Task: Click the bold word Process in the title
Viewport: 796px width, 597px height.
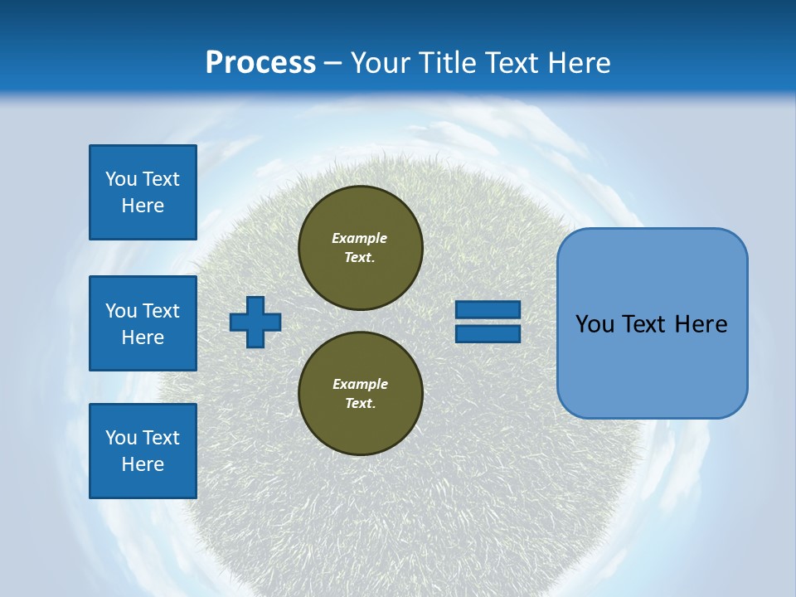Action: (260, 63)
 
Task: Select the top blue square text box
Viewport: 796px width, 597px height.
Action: (143, 192)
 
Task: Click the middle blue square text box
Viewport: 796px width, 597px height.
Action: (143, 323)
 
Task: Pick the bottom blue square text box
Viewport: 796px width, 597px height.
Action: (143, 451)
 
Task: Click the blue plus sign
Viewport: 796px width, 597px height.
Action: (255, 322)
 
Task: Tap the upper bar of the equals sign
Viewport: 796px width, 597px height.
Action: (488, 310)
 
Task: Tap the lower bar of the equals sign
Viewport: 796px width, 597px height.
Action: (488, 333)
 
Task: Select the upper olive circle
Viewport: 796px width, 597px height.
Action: (360, 248)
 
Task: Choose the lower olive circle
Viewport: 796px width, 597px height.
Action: (360, 394)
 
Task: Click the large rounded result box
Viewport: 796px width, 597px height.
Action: (652, 323)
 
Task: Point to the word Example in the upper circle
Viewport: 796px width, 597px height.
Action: (360, 238)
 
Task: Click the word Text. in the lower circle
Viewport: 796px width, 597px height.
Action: (360, 404)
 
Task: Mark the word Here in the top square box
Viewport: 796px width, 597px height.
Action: (143, 206)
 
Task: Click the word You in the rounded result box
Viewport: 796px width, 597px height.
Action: (595, 324)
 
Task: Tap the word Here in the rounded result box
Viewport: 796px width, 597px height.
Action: (701, 324)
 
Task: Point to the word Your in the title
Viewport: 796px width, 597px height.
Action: (381, 63)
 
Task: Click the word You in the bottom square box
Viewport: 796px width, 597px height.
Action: (121, 438)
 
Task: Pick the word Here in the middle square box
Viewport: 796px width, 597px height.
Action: (143, 337)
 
